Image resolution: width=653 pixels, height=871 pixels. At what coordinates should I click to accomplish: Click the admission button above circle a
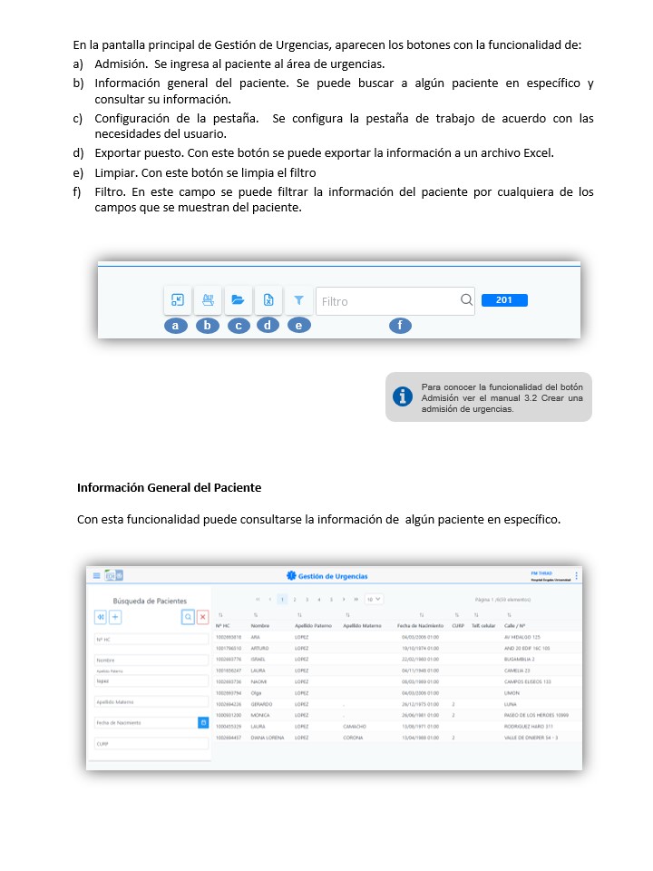pos(178,300)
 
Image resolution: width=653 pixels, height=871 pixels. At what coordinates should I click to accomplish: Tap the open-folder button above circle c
pos(238,300)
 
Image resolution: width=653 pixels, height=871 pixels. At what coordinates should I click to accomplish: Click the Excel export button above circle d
pos(268,300)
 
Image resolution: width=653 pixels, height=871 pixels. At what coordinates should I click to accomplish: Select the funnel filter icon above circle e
pos(298,300)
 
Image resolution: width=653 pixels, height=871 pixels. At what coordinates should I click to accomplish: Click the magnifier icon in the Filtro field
pos(465,301)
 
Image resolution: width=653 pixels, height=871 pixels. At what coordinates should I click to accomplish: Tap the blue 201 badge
pos(504,300)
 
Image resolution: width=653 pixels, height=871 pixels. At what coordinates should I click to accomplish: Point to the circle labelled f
pos(399,325)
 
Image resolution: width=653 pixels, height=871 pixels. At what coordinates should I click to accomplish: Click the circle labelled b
pos(208,325)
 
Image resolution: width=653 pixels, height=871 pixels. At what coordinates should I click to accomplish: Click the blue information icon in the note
pos(403,396)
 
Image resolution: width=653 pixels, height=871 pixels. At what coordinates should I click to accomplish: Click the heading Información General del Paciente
pos(169,487)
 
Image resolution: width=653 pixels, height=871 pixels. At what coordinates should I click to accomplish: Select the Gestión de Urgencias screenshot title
pos(333,576)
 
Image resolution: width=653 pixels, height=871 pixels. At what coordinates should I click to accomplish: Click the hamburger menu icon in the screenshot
pos(96,575)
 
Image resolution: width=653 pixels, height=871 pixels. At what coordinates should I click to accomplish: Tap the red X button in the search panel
pos(203,617)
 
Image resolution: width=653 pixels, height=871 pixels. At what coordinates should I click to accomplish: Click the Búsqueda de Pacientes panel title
pos(150,601)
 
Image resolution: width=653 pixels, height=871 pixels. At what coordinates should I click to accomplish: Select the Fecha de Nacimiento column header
pos(420,626)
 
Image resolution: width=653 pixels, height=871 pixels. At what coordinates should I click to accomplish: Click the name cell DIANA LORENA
pos(268,738)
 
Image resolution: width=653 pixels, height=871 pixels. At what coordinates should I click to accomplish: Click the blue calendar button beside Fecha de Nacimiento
pos(204,722)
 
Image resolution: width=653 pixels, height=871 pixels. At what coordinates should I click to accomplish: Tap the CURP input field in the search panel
pos(151,742)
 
